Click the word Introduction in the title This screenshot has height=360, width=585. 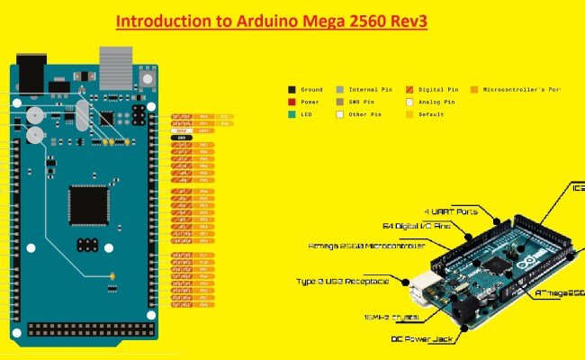coord(157,21)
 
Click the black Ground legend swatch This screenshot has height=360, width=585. coord(292,90)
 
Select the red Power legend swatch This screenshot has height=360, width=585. coord(292,103)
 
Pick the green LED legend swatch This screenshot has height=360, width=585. coord(292,115)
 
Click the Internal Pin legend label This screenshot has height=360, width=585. coord(369,90)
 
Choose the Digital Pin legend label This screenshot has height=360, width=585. coord(439,90)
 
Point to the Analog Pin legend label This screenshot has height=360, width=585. coord(437,103)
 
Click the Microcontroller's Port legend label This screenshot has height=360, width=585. coord(522,90)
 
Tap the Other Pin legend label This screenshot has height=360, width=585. coord(365,115)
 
